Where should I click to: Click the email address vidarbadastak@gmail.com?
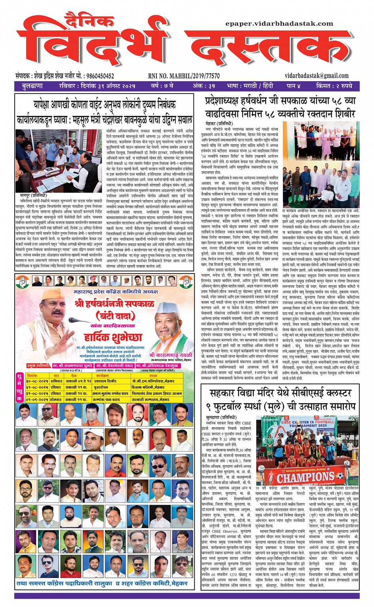coord(317,76)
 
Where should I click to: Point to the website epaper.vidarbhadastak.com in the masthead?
coord(279,24)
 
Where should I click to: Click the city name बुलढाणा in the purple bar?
coord(32,86)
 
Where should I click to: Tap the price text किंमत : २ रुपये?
coord(334,86)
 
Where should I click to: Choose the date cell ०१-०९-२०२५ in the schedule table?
coord(37,399)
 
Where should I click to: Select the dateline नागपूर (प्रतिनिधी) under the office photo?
coord(33,195)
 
